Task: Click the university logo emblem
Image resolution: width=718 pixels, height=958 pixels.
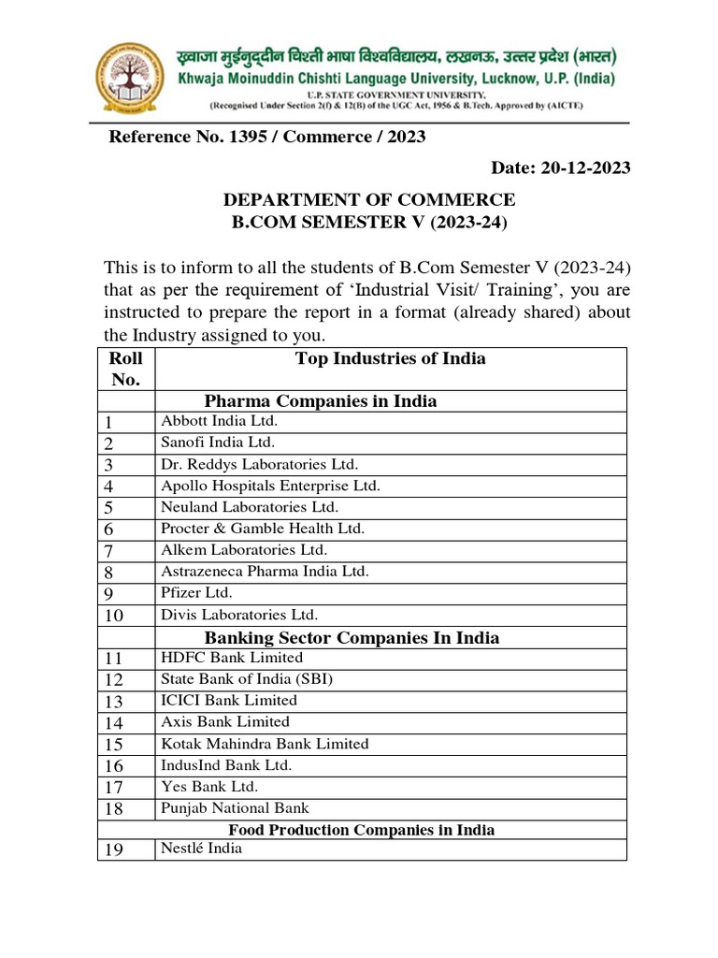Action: pyautogui.click(x=135, y=77)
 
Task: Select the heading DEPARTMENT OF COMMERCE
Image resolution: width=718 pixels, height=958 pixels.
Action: pyautogui.click(x=367, y=199)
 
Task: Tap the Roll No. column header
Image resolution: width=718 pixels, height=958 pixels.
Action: pyautogui.click(x=125, y=370)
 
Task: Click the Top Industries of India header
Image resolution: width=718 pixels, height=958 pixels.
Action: pyautogui.click(x=390, y=359)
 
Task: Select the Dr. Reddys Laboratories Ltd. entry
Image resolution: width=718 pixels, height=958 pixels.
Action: pyautogui.click(x=259, y=464)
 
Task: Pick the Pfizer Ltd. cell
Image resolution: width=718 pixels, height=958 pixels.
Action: pyautogui.click(x=196, y=593)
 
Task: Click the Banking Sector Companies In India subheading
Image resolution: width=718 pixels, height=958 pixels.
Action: pyautogui.click(x=352, y=638)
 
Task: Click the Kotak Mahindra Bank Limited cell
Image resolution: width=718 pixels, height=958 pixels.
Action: pyautogui.click(x=265, y=744)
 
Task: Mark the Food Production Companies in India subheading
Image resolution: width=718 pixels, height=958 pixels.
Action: pyautogui.click(x=362, y=830)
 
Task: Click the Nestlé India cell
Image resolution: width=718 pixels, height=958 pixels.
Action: pyautogui.click(x=201, y=849)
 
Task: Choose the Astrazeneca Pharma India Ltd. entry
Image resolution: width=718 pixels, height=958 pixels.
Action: pyautogui.click(x=265, y=571)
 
